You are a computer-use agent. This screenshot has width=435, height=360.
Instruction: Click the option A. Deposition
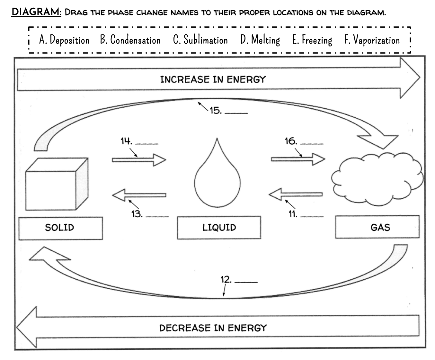64,40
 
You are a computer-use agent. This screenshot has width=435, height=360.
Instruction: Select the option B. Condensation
130,40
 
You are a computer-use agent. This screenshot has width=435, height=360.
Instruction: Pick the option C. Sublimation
200,40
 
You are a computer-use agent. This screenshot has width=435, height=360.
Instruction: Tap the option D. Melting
260,40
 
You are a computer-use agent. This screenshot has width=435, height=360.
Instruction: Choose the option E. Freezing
312,40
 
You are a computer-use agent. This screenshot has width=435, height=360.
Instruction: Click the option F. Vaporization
372,40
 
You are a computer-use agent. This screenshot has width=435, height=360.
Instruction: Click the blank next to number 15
236,113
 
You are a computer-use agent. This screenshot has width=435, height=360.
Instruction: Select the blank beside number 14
147,143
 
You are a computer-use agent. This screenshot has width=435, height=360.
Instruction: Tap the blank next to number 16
312,143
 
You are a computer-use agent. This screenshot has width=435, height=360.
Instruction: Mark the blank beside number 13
157,216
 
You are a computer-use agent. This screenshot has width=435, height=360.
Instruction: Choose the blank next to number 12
246,282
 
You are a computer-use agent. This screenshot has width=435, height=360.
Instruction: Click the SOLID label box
61,228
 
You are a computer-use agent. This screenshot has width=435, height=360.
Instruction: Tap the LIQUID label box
219,228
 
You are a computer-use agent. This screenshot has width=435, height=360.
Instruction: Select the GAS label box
377,227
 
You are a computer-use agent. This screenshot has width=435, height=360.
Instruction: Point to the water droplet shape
217,180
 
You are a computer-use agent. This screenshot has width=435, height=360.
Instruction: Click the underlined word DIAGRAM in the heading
36,12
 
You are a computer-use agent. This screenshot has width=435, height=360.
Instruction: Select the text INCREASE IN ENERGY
213,79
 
